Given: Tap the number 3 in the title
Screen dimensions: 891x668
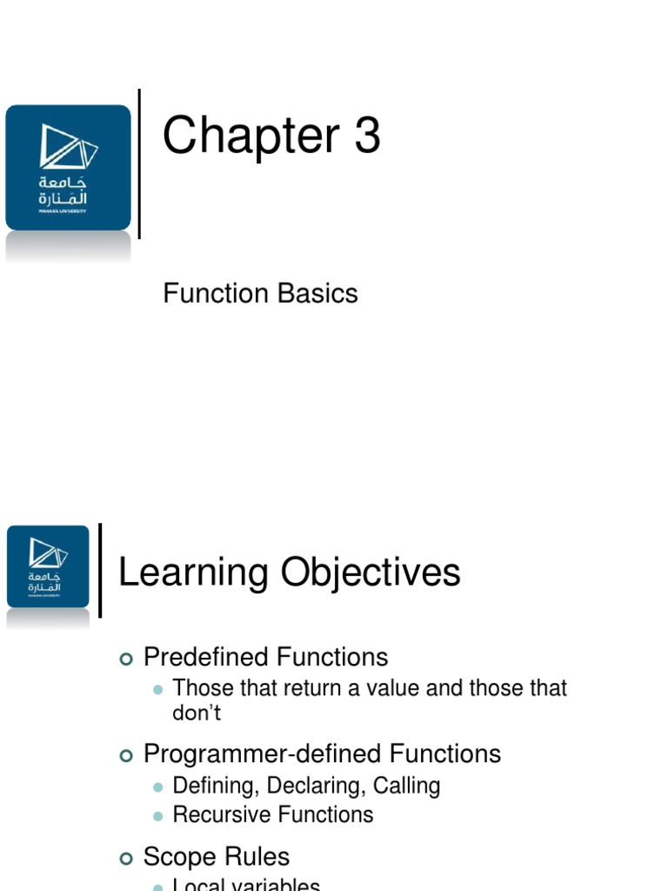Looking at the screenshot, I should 366,137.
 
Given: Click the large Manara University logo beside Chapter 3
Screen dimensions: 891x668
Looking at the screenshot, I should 68,167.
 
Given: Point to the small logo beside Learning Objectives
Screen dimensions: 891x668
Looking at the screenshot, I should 48,566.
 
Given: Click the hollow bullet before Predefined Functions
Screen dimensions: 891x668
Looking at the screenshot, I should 126,659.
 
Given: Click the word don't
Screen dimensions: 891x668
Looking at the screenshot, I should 197,713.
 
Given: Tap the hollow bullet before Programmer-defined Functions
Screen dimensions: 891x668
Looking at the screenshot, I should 126,755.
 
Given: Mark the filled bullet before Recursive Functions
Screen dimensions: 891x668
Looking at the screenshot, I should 157,816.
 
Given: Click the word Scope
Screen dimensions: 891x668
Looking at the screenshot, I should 180,857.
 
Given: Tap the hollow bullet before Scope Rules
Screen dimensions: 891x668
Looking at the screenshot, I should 126,859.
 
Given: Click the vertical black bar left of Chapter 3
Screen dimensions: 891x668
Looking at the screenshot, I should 139,164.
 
